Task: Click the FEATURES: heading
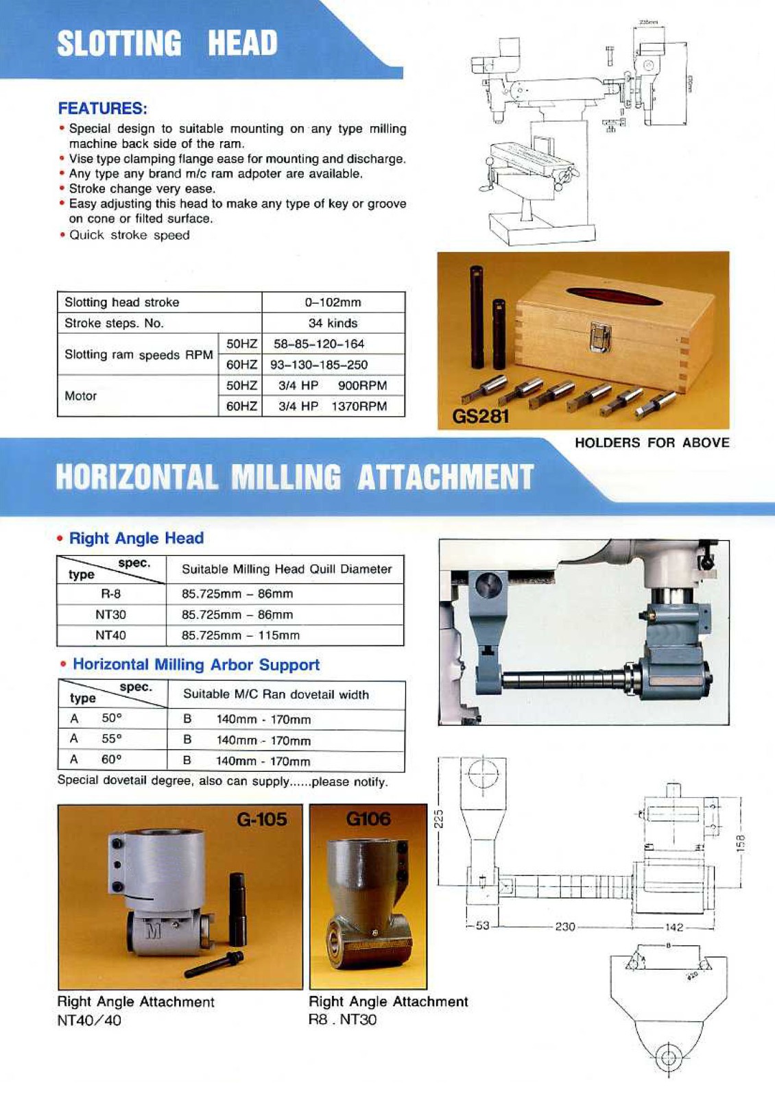(x=102, y=108)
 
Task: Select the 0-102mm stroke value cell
(x=333, y=302)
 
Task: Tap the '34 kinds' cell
(x=333, y=323)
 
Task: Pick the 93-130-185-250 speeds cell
(x=319, y=365)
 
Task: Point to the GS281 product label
(x=480, y=416)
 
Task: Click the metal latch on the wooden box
(x=600, y=337)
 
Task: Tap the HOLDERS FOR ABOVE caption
(x=652, y=443)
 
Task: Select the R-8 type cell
(x=110, y=594)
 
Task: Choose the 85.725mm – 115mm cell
(x=240, y=635)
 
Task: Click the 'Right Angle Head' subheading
(x=136, y=538)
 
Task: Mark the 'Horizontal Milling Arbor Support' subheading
(x=195, y=664)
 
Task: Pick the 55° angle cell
(x=111, y=739)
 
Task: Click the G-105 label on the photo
(x=261, y=819)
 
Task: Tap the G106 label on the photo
(x=368, y=818)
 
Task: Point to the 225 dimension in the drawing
(x=440, y=818)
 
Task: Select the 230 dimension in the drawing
(x=564, y=927)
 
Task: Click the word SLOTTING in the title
(x=119, y=43)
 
